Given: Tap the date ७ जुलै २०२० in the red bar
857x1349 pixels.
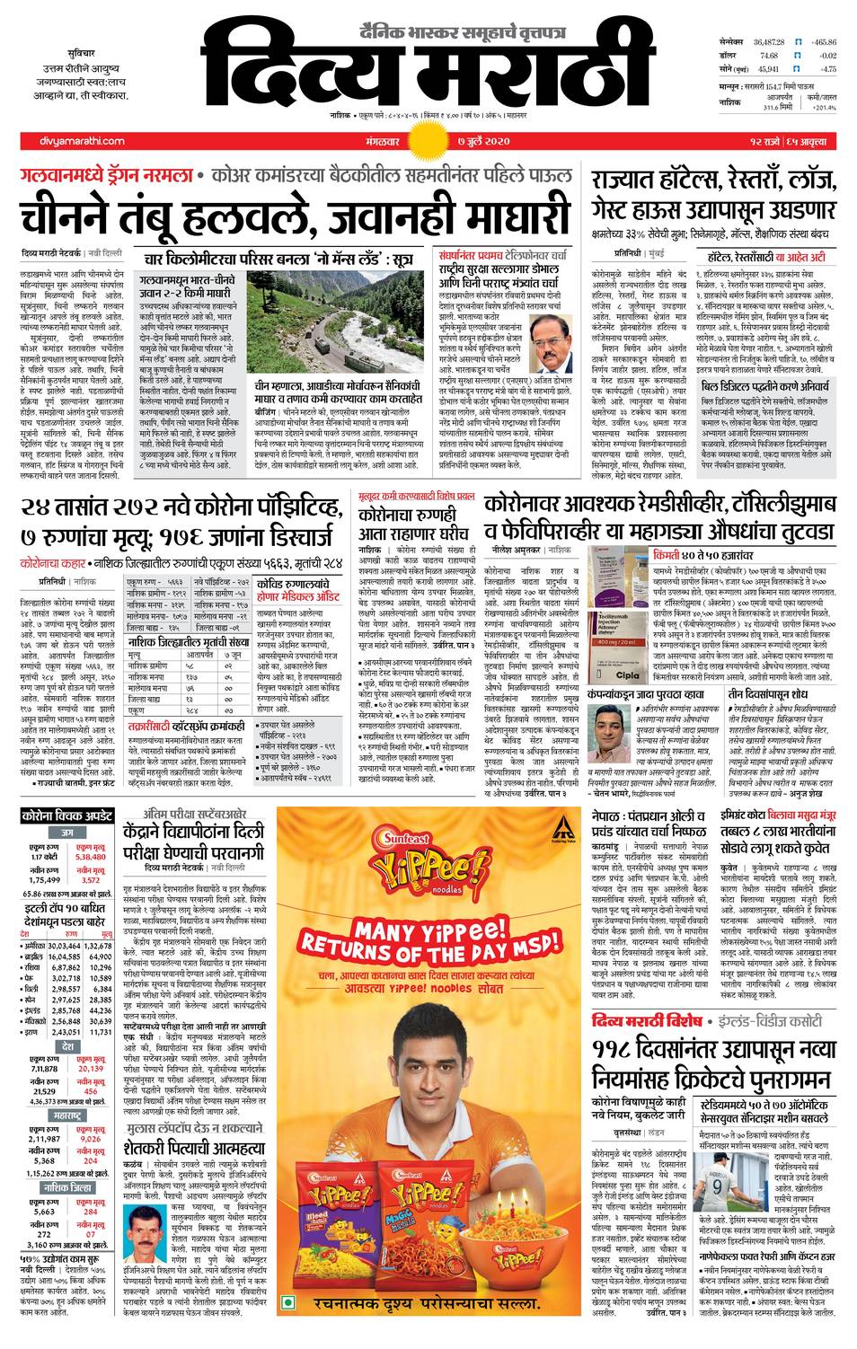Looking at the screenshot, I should (x=483, y=141).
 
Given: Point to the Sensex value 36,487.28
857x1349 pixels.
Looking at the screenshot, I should (x=769, y=42).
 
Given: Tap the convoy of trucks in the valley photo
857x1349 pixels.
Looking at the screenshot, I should (x=310, y=345).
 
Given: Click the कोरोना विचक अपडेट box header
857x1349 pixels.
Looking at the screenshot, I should (x=67, y=816).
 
